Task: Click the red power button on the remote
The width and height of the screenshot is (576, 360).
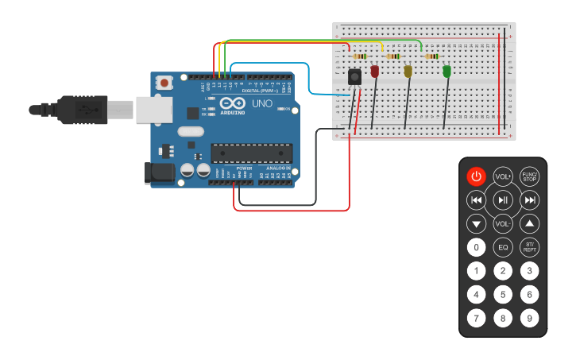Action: [x=476, y=176]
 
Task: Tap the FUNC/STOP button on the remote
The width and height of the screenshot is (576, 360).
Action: [x=529, y=176]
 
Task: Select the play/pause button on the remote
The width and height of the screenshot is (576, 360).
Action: [x=503, y=199]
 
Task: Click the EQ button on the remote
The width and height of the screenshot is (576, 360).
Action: [x=503, y=247]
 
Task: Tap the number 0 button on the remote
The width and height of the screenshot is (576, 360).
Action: [x=476, y=247]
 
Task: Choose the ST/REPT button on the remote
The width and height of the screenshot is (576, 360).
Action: [x=529, y=247]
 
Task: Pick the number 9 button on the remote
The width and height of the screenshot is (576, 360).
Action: [x=529, y=319]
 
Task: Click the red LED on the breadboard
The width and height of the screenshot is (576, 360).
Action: [x=375, y=72]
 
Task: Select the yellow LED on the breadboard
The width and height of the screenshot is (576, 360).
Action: [x=408, y=72]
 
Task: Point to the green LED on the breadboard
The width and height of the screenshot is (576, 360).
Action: [x=446, y=72]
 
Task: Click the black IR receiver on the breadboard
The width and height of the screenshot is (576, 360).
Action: [x=354, y=77]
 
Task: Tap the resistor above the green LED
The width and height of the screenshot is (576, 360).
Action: [x=432, y=56]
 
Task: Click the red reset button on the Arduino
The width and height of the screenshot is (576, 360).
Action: [x=164, y=82]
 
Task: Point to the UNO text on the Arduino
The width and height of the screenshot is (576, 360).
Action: [x=262, y=104]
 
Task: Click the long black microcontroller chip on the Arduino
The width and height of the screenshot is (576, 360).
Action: [x=251, y=153]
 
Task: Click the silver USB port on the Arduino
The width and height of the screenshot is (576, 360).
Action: [x=154, y=110]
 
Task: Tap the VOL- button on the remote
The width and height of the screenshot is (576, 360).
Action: [x=503, y=223]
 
